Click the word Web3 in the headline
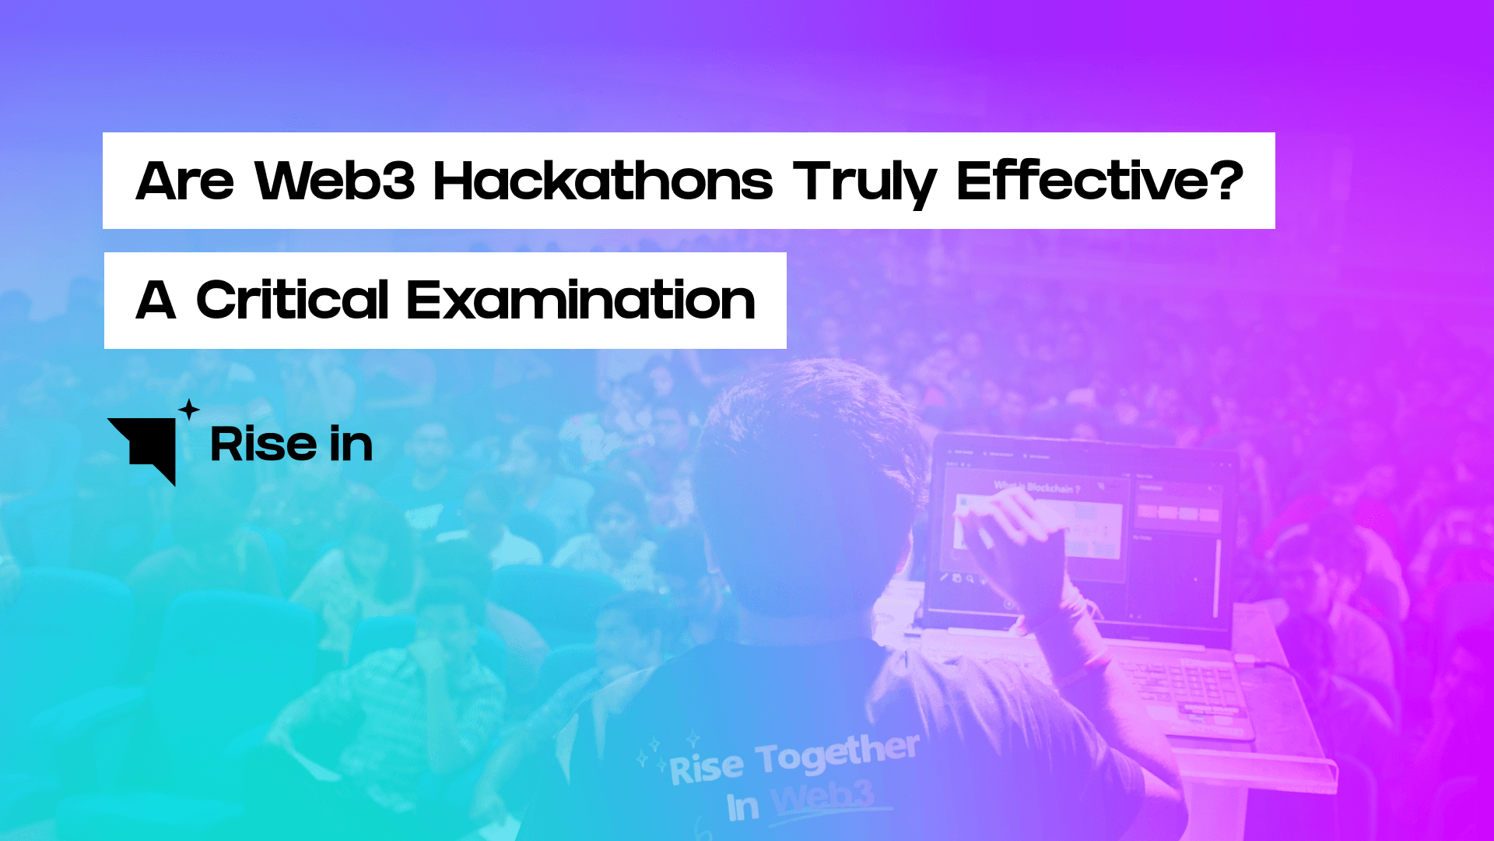tap(335, 181)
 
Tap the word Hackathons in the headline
tap(603, 181)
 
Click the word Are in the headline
tap(184, 181)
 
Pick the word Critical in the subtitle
tap(292, 301)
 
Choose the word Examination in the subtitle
tap(580, 301)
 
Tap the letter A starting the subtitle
tap(156, 301)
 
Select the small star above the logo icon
tap(189, 409)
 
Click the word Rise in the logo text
tap(263, 445)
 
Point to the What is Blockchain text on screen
tap(1036, 487)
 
